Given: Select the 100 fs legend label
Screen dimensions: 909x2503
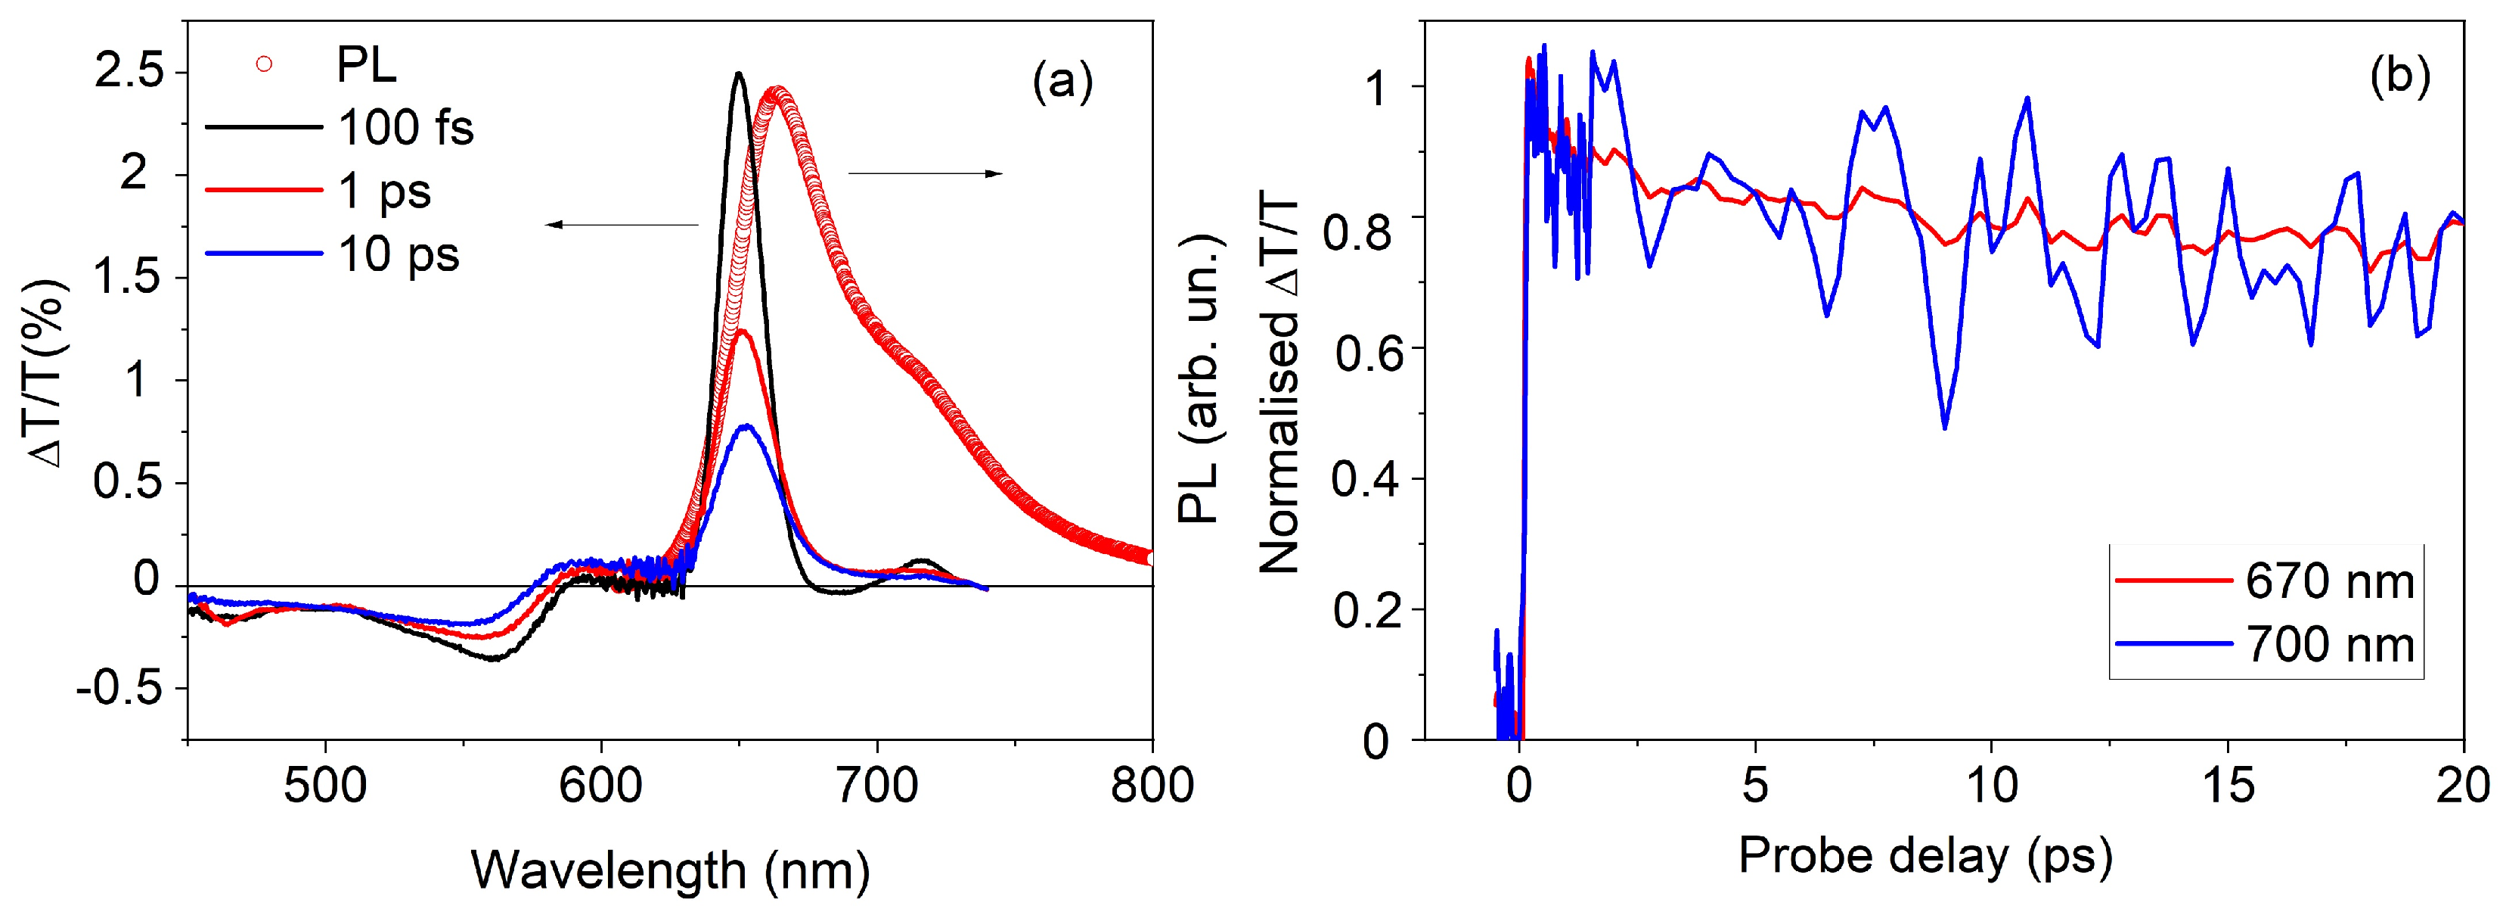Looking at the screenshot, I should click(405, 127).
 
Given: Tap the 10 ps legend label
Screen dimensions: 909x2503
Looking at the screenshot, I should click(399, 255).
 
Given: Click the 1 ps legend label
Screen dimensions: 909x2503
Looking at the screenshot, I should click(384, 191).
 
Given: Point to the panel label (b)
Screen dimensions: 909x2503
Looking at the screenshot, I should click(2399, 76).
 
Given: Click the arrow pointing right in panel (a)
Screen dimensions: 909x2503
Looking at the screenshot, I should click(925, 174).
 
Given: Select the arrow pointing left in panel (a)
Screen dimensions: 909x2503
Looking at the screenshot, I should click(622, 225).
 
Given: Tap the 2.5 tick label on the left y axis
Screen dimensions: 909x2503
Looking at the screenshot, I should click(129, 71).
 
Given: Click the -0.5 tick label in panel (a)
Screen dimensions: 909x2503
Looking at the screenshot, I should click(119, 688).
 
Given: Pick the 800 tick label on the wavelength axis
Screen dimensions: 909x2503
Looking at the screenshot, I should click(1152, 786).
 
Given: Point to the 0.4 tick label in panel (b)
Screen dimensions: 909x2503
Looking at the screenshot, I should click(1365, 478).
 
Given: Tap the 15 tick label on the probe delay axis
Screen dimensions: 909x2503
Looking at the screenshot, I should click(2227, 786).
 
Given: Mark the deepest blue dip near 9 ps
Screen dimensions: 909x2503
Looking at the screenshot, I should click(1944, 428).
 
